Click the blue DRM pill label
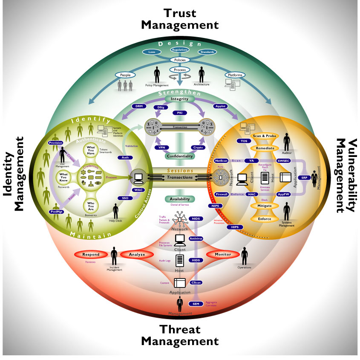click(138, 106)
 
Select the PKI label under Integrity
click(179, 113)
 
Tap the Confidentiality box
click(179, 156)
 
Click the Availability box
click(179, 199)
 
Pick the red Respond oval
click(91, 255)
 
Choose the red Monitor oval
click(223, 254)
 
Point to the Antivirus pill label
click(196, 239)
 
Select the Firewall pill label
click(222, 194)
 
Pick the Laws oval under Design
click(152, 52)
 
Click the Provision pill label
click(56, 142)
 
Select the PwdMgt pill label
click(56, 212)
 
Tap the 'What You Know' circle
click(64, 177)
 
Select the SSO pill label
click(124, 198)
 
